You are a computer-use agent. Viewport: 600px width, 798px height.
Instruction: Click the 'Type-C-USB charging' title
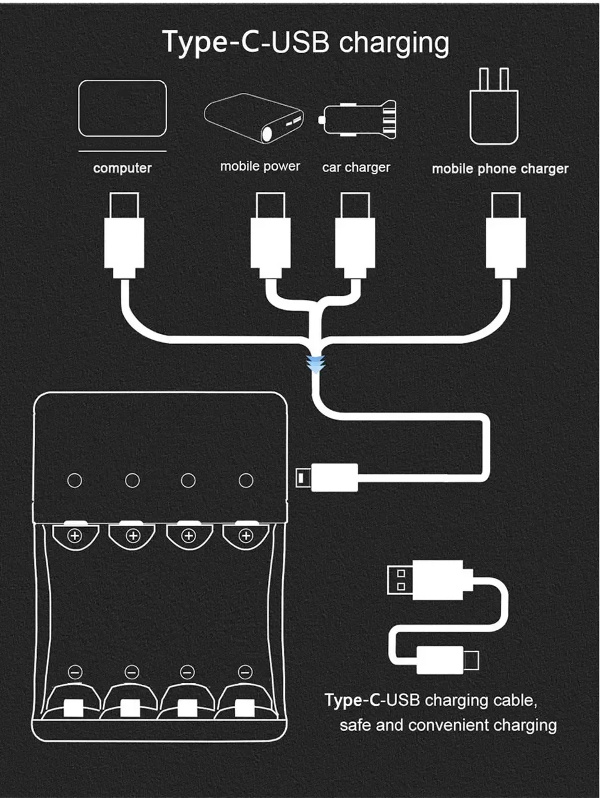point(306,43)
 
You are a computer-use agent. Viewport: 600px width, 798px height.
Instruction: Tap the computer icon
point(122,109)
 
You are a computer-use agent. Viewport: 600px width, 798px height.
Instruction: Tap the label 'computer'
point(122,168)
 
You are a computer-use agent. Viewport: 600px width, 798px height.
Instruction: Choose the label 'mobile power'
point(260,166)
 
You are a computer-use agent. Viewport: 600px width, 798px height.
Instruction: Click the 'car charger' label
point(356,167)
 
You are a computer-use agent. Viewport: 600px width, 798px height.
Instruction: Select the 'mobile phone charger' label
point(500,169)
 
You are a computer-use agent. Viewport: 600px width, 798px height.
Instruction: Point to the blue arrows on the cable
point(316,364)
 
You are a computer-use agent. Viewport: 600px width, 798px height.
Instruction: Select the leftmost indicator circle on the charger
point(75,481)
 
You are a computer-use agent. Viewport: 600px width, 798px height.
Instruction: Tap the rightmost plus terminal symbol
point(246,536)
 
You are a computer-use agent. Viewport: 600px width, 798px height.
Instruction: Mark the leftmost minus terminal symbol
point(75,672)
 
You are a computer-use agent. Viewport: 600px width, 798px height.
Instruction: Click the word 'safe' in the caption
point(354,725)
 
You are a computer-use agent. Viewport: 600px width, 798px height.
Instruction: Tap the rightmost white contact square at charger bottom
point(243,708)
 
